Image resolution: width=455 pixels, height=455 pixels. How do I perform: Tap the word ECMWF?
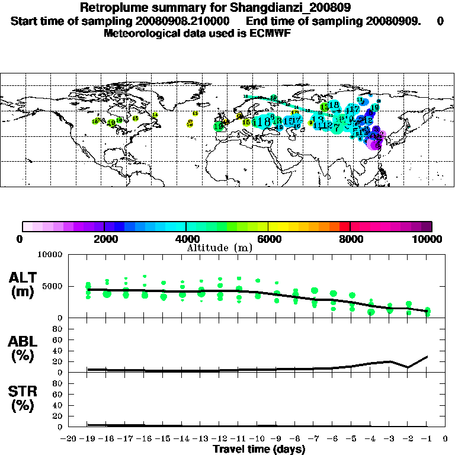(x=272, y=33)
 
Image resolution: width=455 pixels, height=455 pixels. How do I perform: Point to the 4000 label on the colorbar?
(x=186, y=239)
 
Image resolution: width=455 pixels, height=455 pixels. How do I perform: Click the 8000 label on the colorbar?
(x=350, y=239)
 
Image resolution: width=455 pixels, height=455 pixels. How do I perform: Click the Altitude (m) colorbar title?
(x=219, y=248)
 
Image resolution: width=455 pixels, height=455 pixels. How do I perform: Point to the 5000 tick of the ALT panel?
(x=53, y=287)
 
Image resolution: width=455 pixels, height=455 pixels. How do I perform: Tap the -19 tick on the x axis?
(x=88, y=439)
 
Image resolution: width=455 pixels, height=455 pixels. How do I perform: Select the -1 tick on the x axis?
(x=427, y=439)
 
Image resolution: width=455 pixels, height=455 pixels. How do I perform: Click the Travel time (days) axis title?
(x=259, y=450)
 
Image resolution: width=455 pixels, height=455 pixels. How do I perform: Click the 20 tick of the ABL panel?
(x=59, y=361)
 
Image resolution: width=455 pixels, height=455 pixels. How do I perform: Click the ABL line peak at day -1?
(x=427, y=357)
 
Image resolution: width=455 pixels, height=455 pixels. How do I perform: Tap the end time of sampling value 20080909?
(x=391, y=21)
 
